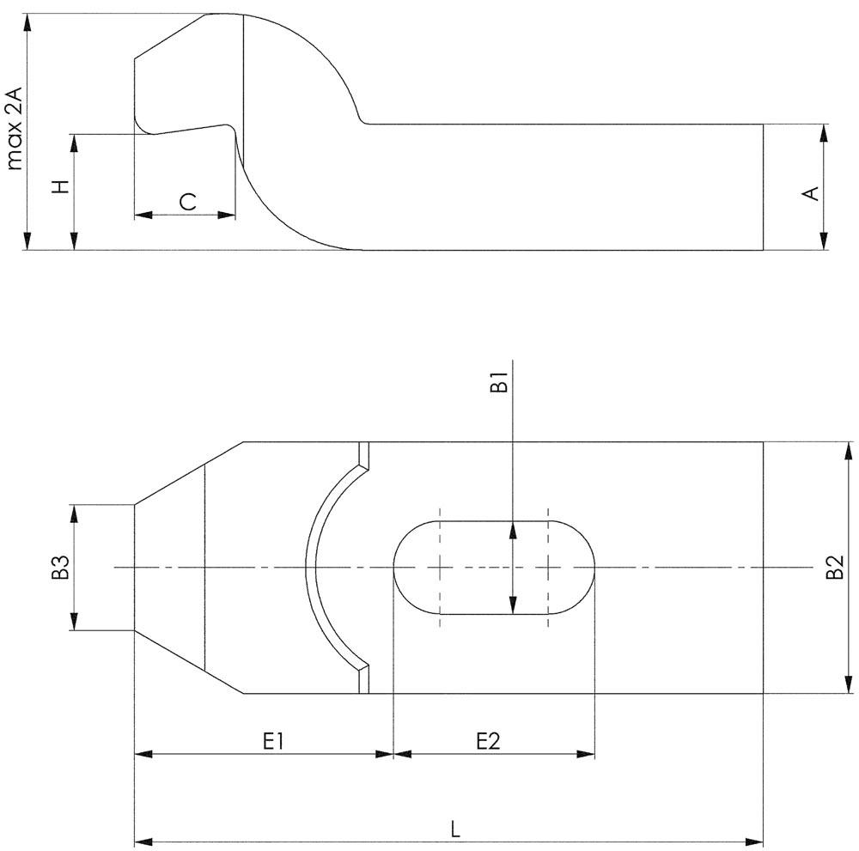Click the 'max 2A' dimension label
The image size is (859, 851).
15,128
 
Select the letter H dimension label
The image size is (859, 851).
61,186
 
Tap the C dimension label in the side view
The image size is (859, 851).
188,202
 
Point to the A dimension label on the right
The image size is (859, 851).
811,193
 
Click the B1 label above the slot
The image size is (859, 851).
499,382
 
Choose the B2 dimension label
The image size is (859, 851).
834,568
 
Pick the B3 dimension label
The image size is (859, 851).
60,568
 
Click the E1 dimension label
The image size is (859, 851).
273,741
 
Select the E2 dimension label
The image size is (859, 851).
488,741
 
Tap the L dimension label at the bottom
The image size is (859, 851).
455,829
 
